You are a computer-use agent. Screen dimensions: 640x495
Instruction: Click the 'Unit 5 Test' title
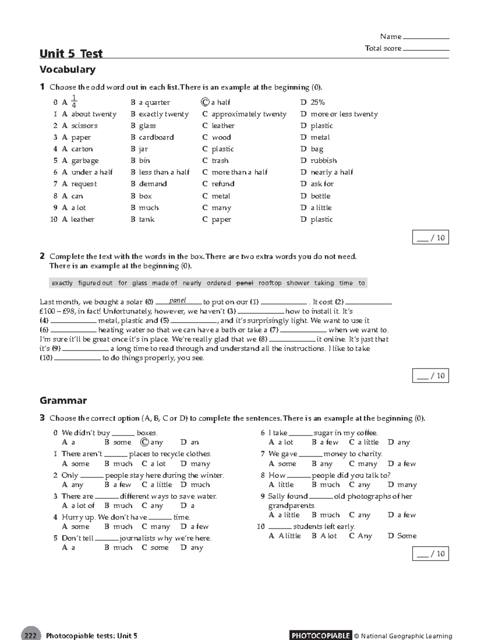pos(71,54)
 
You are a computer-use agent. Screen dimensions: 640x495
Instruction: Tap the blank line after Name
pos(426,38)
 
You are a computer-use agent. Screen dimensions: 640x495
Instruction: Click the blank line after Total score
pos(426,49)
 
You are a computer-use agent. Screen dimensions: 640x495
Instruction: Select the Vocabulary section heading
pos(67,69)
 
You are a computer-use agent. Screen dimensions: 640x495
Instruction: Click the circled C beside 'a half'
pos(205,102)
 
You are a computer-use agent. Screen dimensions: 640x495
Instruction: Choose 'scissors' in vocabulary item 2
pos(84,126)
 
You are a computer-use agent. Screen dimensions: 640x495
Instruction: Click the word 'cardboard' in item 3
pos(156,137)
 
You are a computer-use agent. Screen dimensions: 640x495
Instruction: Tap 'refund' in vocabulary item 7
pos(223,184)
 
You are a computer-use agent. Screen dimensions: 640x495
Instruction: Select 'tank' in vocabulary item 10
pos(146,219)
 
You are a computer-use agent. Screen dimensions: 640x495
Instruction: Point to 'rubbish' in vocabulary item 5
pos(323,160)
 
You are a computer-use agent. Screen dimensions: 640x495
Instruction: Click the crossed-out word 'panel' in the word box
pos(244,283)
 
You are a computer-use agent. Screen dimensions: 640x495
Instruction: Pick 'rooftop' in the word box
pos(270,283)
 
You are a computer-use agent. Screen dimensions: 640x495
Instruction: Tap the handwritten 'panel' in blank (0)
pos(178,300)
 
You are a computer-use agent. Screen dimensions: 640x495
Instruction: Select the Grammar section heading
pos(63,401)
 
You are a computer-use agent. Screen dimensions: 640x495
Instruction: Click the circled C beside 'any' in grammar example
pos(144,442)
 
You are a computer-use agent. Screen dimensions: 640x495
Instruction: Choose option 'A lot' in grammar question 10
pos(328,536)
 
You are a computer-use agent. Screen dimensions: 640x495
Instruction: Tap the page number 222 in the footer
pos(31,635)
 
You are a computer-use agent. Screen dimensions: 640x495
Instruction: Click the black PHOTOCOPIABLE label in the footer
pos(321,635)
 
